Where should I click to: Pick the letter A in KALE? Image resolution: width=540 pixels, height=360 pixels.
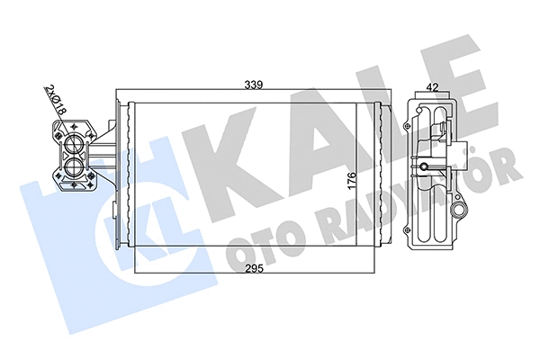click(297, 135)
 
